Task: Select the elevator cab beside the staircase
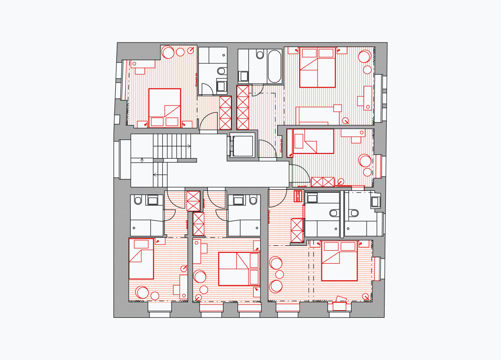(242, 146)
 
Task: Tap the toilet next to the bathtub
(260, 55)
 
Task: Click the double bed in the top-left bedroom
(164, 108)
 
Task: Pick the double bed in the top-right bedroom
(317, 67)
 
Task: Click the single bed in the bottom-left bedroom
(141, 259)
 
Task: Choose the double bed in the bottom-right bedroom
(339, 261)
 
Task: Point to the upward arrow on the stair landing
(142, 160)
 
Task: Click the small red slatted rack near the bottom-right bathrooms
(298, 196)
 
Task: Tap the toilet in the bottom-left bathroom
(137, 201)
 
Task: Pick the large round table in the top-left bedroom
(168, 53)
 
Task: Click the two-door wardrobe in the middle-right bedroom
(323, 182)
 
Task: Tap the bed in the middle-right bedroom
(313, 141)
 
